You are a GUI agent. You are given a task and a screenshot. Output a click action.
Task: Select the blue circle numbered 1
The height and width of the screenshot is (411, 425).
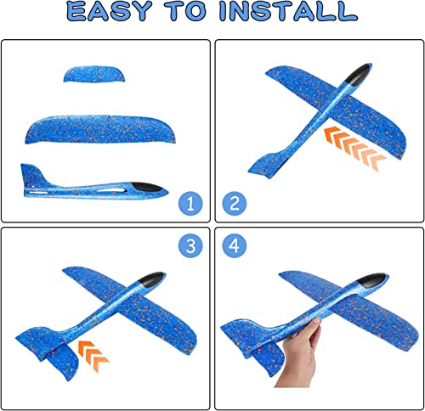click(193, 204)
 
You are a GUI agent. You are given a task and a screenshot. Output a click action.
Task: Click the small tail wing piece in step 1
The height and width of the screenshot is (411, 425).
click(95, 73)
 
